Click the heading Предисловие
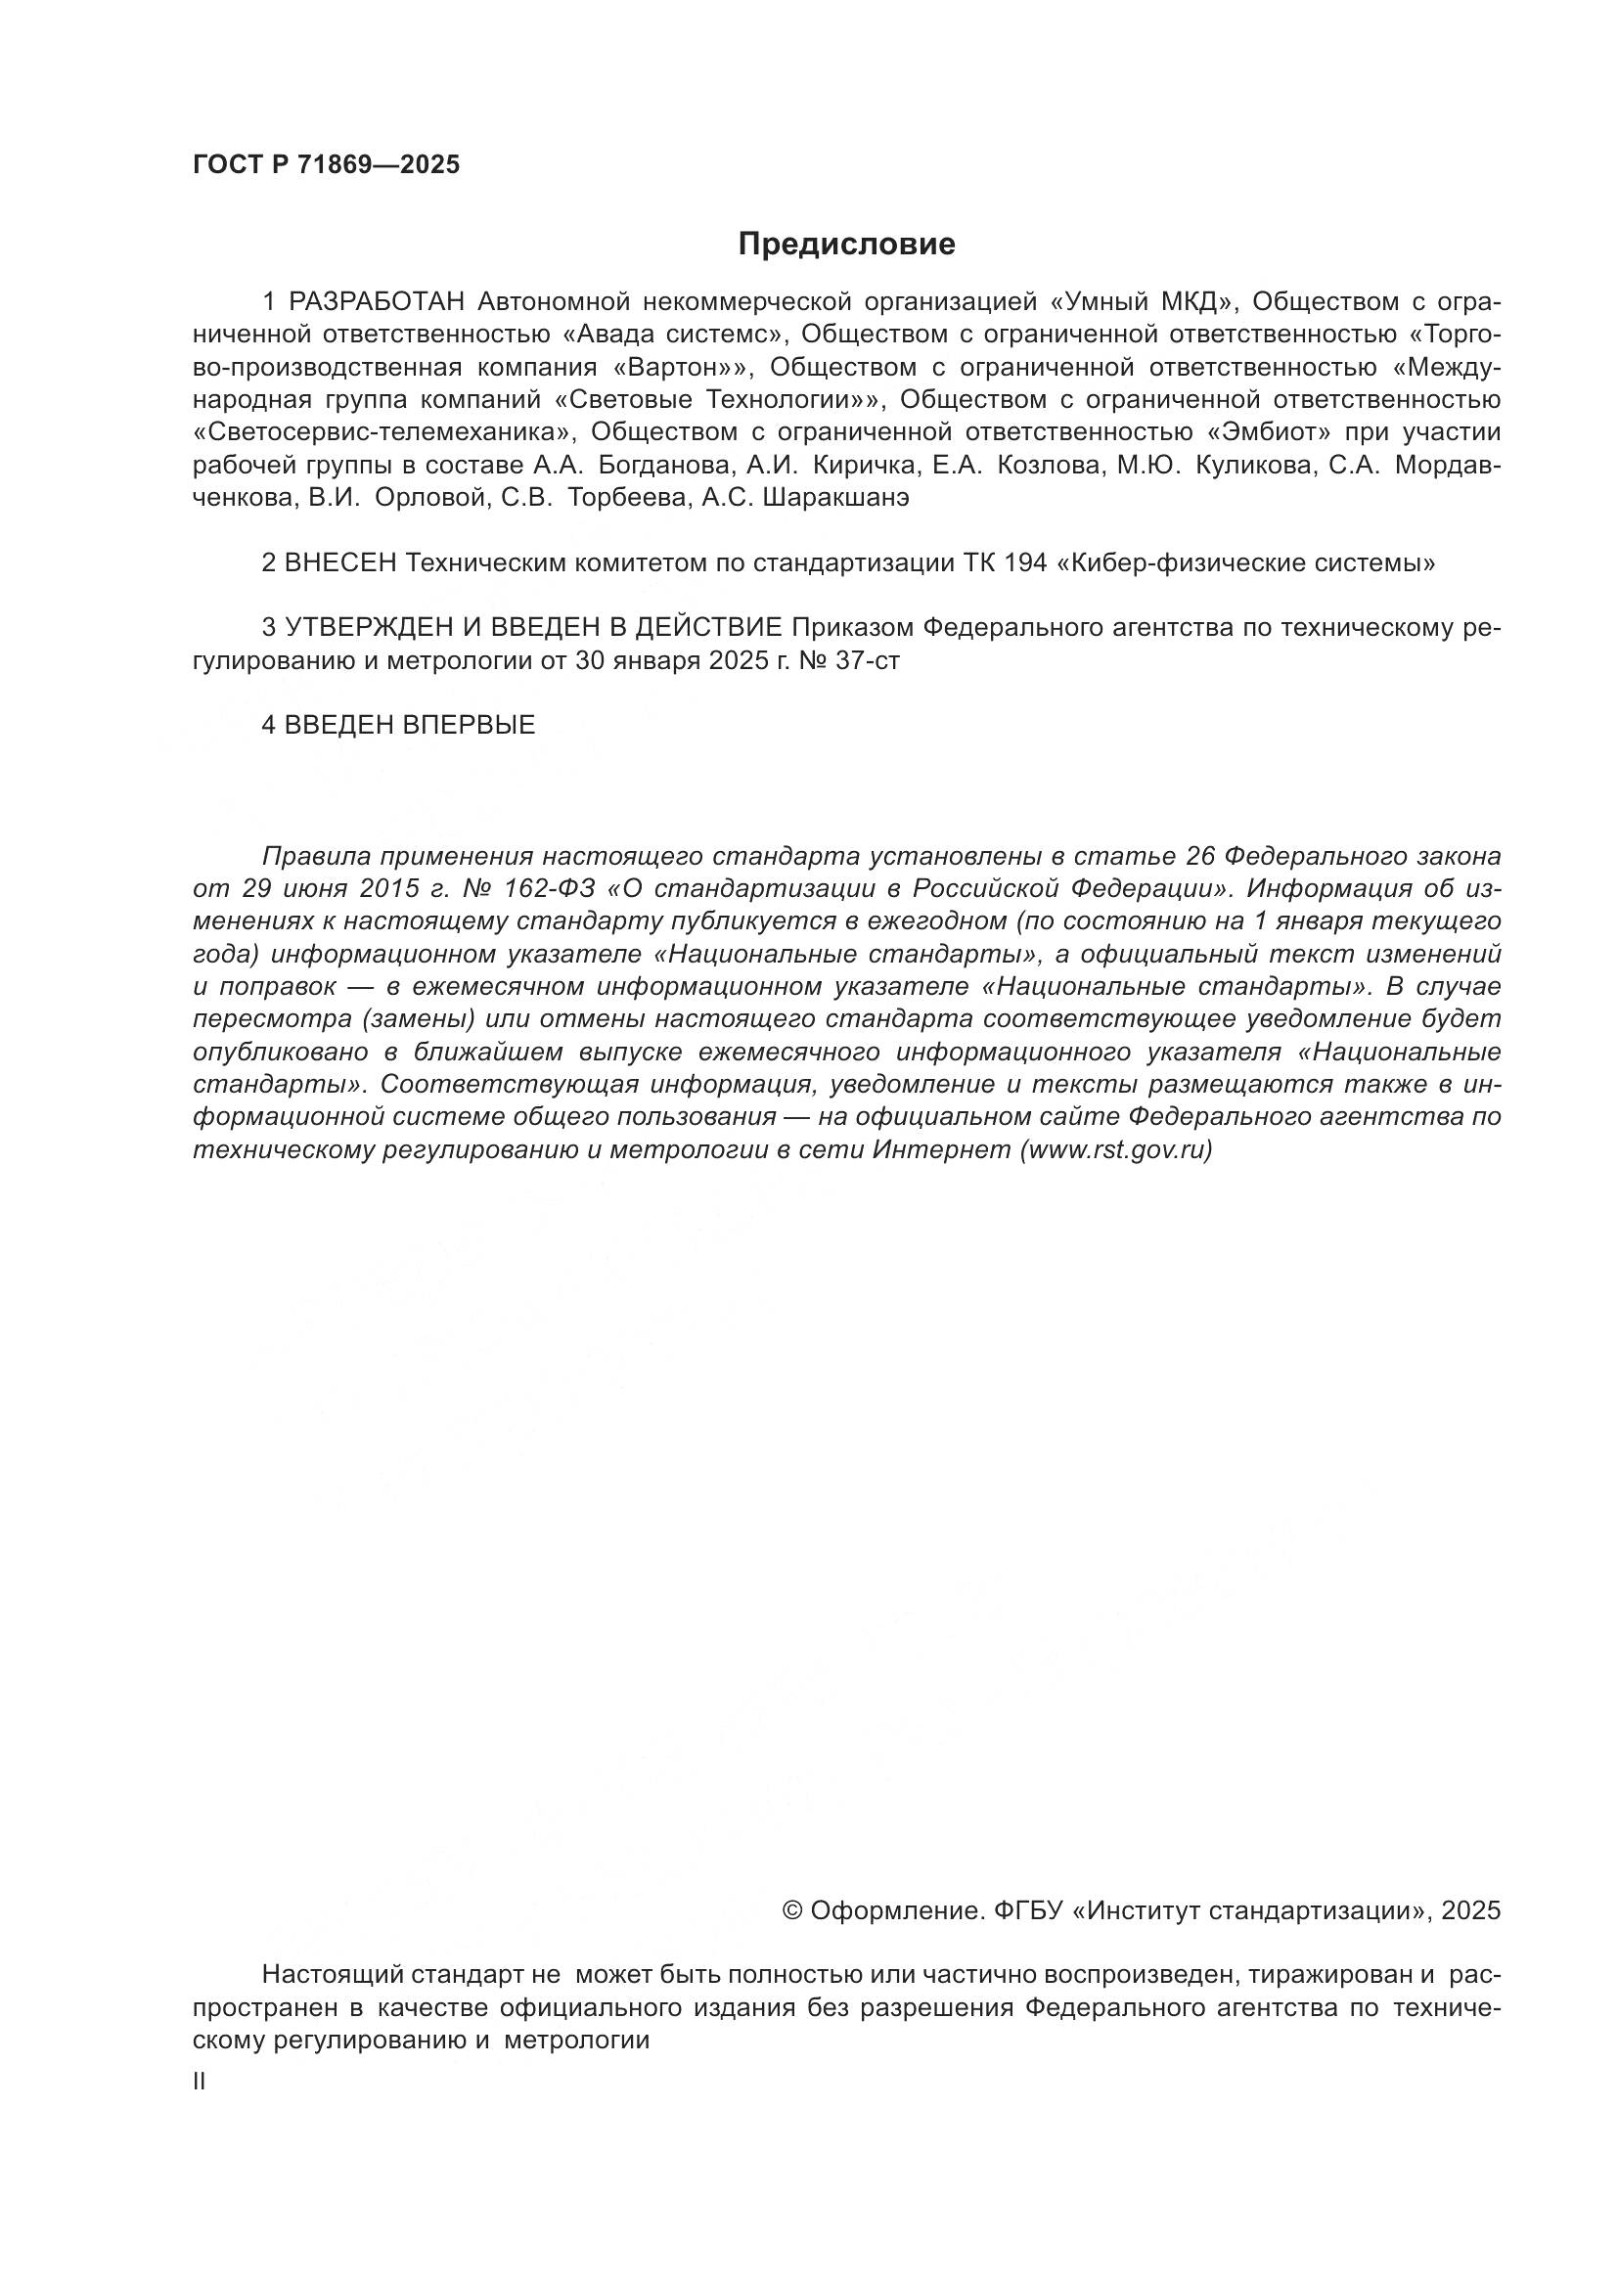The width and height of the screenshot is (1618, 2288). point(846,245)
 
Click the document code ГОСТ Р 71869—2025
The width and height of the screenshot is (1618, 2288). point(326,165)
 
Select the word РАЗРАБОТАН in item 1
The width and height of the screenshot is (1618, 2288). point(378,301)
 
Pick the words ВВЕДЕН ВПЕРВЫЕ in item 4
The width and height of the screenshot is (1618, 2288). point(410,726)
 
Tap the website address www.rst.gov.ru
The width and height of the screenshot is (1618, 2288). point(1115,1150)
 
